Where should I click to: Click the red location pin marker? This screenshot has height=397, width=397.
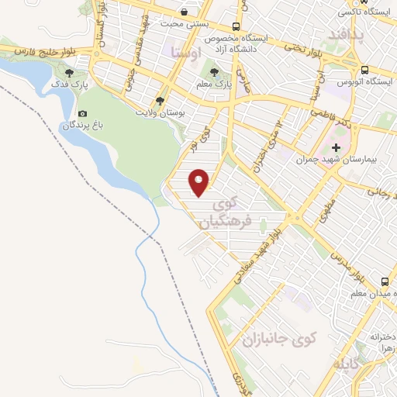point(200,182)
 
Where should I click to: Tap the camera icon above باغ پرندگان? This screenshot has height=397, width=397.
point(83,113)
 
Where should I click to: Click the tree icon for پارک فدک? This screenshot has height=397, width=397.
point(70,73)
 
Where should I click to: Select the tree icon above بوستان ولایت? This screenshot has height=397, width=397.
point(161,101)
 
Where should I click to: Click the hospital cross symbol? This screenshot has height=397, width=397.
point(335,147)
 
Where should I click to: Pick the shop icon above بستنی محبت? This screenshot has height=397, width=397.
point(184,12)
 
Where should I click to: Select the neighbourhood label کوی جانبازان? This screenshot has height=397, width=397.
point(280,339)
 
